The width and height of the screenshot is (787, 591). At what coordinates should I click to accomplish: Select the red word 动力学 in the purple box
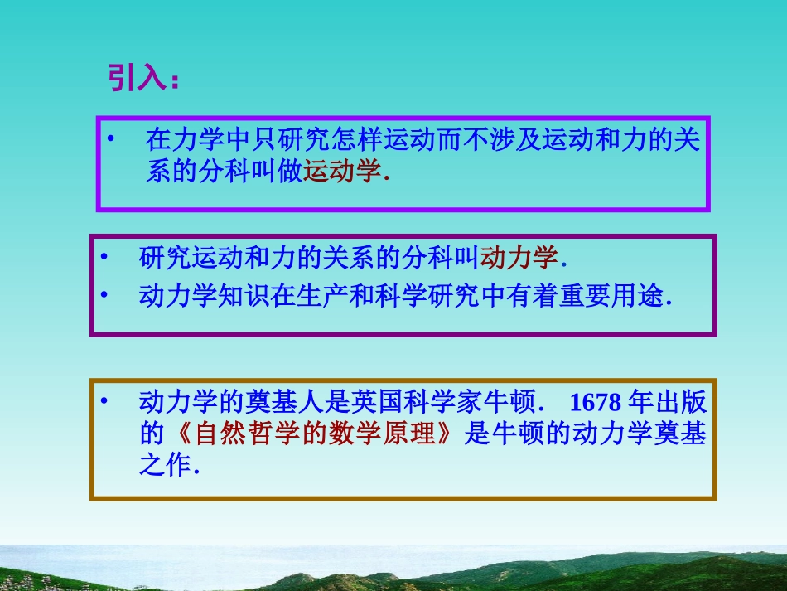[x=519, y=258]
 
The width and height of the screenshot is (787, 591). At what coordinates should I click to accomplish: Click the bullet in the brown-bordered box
[x=104, y=402]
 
